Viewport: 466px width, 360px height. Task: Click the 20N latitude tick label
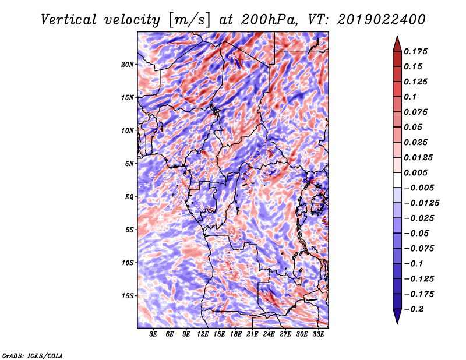click(x=128, y=65)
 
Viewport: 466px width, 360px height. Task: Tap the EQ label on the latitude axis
click(x=129, y=197)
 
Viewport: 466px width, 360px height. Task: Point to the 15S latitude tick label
click(x=128, y=296)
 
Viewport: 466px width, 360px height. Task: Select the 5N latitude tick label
click(x=129, y=164)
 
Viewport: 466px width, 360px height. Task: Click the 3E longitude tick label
click(x=153, y=334)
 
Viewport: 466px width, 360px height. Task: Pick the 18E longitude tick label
click(x=236, y=334)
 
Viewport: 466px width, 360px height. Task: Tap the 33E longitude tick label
click(x=318, y=334)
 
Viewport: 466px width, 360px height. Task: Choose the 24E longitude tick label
click(x=269, y=334)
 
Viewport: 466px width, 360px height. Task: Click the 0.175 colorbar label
click(x=415, y=51)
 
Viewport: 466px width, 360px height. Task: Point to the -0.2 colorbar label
click(x=414, y=309)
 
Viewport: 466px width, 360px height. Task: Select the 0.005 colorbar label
click(x=415, y=172)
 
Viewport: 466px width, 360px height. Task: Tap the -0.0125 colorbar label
click(x=421, y=203)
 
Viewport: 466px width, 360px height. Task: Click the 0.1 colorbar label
click(x=410, y=97)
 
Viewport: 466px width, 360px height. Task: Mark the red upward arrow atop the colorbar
click(x=397, y=44)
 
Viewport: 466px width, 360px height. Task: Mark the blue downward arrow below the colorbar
click(x=397, y=316)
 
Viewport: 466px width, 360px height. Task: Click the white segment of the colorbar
click(x=397, y=180)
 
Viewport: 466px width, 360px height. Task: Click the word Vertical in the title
click(x=69, y=20)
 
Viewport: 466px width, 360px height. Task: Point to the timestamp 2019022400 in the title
click(x=382, y=20)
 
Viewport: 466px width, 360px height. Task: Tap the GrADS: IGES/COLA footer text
click(x=33, y=355)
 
